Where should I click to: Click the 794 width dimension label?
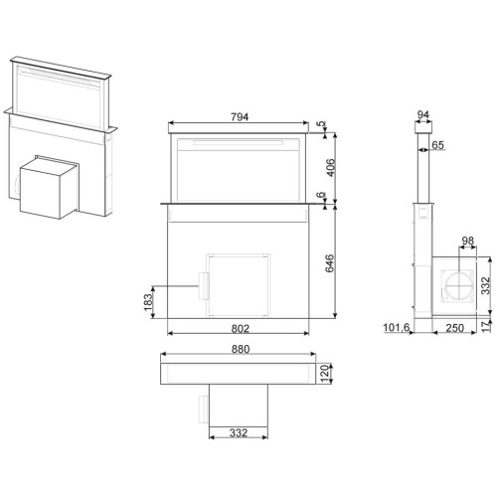pyautogui.click(x=240, y=117)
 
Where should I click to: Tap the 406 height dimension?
pyautogui.click(x=331, y=168)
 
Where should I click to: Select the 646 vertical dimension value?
pyautogui.click(x=330, y=263)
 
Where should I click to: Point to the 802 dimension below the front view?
pyautogui.click(x=240, y=328)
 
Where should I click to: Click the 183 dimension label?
pyautogui.click(x=148, y=302)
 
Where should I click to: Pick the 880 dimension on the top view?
pyautogui.click(x=241, y=349)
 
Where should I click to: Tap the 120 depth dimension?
pyautogui.click(x=325, y=374)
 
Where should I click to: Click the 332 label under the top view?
pyautogui.click(x=239, y=432)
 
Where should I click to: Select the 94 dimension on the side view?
pyautogui.click(x=423, y=115)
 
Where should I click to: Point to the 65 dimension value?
pyautogui.click(x=438, y=145)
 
